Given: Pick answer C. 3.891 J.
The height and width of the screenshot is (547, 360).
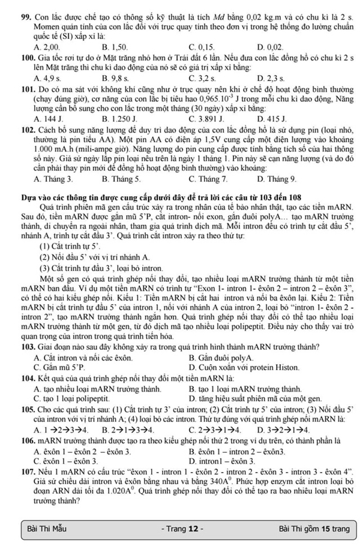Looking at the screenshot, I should (x=205, y=119).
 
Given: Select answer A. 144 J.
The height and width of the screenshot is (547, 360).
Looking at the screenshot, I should (x=46, y=119).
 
